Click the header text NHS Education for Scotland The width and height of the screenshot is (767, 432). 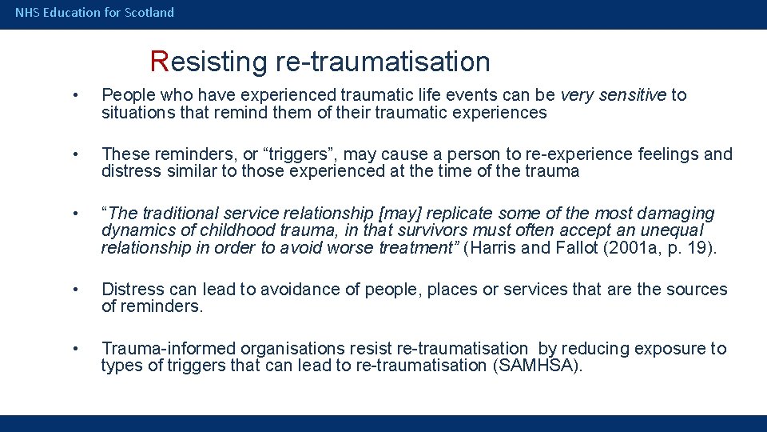click(94, 13)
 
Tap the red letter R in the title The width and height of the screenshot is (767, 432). click(159, 62)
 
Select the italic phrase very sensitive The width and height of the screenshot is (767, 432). click(613, 96)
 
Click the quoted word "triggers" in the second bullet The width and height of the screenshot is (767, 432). click(242, 154)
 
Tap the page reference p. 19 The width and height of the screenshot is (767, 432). click(688, 248)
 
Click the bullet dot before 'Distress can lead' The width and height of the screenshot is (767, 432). click(74, 290)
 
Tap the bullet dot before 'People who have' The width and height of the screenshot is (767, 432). click(74, 96)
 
